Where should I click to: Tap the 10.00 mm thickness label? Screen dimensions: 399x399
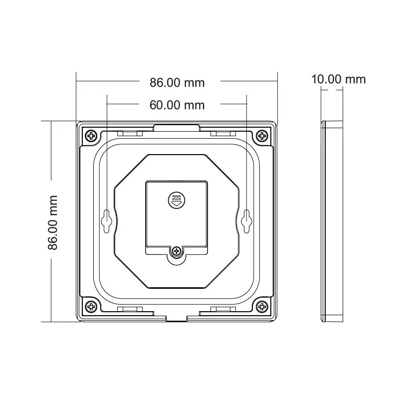338,79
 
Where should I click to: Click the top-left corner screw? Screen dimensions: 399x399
91,135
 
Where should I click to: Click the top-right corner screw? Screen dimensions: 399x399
262,135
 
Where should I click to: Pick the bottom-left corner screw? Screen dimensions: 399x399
91,306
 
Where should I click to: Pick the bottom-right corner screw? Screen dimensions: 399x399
262,306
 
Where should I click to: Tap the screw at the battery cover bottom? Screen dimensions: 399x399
176,252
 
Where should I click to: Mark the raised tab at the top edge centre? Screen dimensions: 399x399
176,128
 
